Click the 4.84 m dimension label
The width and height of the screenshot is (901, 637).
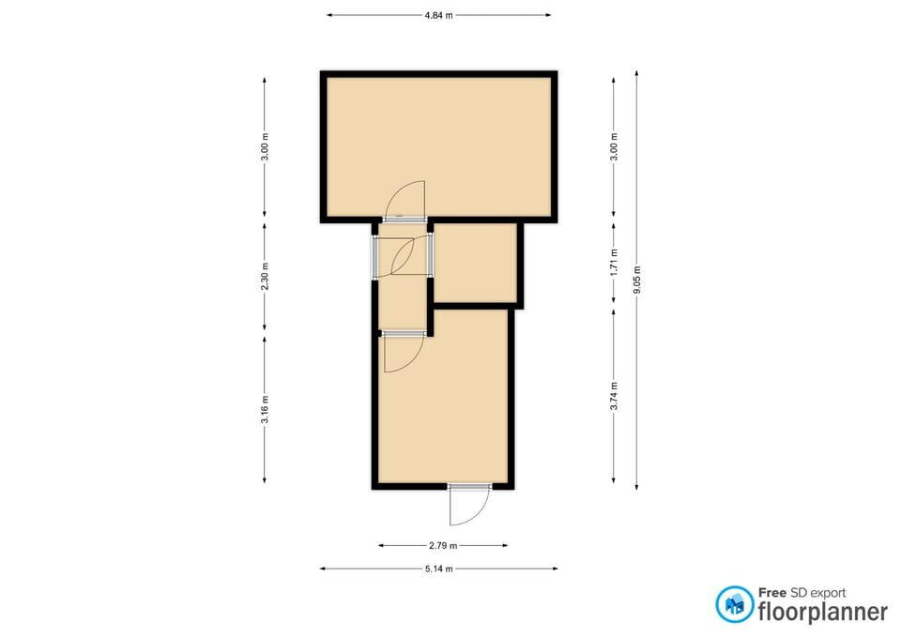438,16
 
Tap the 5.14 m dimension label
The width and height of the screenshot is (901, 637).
439,569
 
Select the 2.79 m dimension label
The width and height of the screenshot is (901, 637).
443,545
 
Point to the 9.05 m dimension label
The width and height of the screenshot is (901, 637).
636,281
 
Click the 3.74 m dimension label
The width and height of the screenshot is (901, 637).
614,396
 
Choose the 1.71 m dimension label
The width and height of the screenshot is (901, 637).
614,262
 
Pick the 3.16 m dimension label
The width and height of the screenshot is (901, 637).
265,409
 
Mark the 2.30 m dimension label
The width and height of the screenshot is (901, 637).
265,276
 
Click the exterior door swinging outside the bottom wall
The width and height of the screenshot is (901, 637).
469,505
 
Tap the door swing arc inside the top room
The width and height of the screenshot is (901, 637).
405,201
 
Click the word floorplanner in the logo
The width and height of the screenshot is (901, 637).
823,611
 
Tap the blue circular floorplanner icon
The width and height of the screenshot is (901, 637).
734,604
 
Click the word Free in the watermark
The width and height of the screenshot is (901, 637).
771,593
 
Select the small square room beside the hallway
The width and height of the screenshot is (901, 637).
475,263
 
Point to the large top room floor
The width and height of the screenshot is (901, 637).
439,146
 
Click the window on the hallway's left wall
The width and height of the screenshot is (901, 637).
375,257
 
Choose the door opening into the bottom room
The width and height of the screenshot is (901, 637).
405,352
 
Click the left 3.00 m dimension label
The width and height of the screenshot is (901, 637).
265,147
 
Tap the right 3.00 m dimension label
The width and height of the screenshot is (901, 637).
614,147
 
